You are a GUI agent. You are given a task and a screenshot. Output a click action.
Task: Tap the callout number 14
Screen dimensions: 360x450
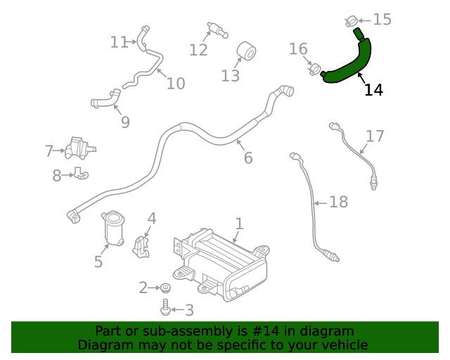pyautogui.click(x=373, y=90)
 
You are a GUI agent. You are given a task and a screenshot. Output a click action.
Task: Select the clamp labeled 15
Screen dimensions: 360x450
pyautogui.click(x=354, y=20)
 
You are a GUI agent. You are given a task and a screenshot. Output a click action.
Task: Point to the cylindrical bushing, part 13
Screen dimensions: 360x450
pyautogui.click(x=247, y=51)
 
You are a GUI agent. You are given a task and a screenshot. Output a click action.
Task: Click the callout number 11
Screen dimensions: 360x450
pyautogui.click(x=118, y=42)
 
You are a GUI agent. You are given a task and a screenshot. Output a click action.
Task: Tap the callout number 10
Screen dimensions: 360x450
pyautogui.click(x=176, y=84)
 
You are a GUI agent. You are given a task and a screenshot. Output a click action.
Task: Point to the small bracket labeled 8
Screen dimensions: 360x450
pyautogui.click(x=81, y=173)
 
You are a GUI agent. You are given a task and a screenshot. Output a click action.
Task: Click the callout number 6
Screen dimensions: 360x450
pyautogui.click(x=248, y=158)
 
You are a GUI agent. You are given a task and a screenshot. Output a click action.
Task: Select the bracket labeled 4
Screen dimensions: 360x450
pyautogui.click(x=141, y=243)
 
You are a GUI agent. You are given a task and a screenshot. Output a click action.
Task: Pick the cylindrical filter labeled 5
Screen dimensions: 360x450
pyautogui.click(x=112, y=228)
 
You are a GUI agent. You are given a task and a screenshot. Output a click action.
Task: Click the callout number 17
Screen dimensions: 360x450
pyautogui.click(x=375, y=136)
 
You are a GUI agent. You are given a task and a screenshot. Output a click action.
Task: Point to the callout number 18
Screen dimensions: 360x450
pyautogui.click(x=338, y=202)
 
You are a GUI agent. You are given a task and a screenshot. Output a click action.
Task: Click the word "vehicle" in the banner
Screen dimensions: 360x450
pyautogui.click(x=342, y=345)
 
